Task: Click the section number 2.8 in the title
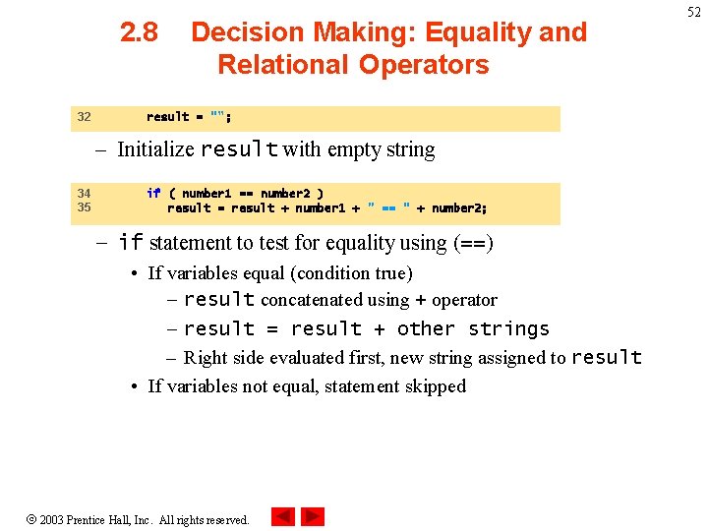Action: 139,32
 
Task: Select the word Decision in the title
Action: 247,32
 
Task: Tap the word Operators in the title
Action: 423,65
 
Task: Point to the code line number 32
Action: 84,117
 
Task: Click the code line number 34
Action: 84,194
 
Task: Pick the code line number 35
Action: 84,207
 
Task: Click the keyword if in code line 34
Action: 153,194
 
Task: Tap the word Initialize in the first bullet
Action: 155,149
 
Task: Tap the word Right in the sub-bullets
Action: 205,358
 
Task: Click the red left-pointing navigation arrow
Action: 283,516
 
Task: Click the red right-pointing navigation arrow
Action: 313,516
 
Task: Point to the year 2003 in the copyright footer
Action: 51,519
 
